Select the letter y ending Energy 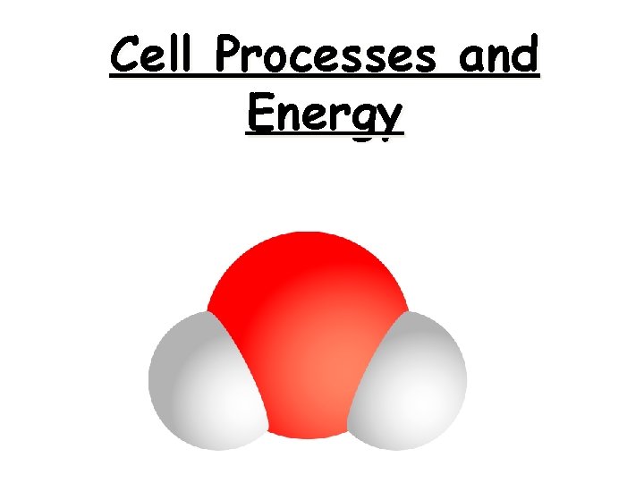point(390,120)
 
